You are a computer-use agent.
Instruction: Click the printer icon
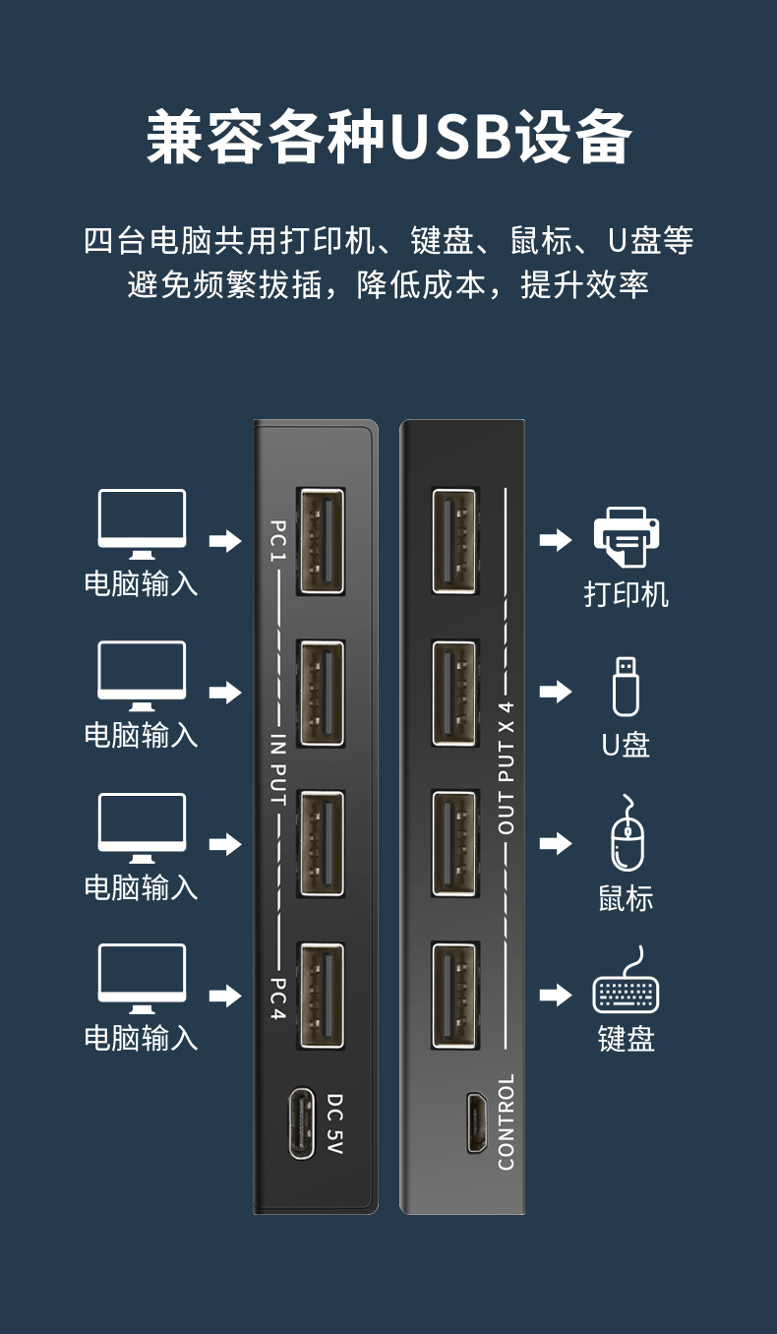click(x=626, y=536)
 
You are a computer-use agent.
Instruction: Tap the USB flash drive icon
click(x=626, y=686)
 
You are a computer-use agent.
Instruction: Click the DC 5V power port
click(x=301, y=1122)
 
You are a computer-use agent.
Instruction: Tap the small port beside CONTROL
click(x=476, y=1122)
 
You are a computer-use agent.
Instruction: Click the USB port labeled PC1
click(x=321, y=541)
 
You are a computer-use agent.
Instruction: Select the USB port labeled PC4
click(x=321, y=996)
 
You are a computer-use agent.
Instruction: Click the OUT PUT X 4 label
click(x=507, y=769)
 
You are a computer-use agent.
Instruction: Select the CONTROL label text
click(x=507, y=1122)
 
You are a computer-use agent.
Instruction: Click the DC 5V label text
click(x=334, y=1122)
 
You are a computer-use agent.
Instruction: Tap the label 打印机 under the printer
click(x=626, y=594)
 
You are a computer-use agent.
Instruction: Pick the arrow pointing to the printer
click(x=556, y=540)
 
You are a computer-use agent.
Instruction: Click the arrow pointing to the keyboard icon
click(x=556, y=995)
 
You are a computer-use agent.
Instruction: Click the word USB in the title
click(x=450, y=138)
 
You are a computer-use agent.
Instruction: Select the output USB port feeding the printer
click(x=454, y=541)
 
